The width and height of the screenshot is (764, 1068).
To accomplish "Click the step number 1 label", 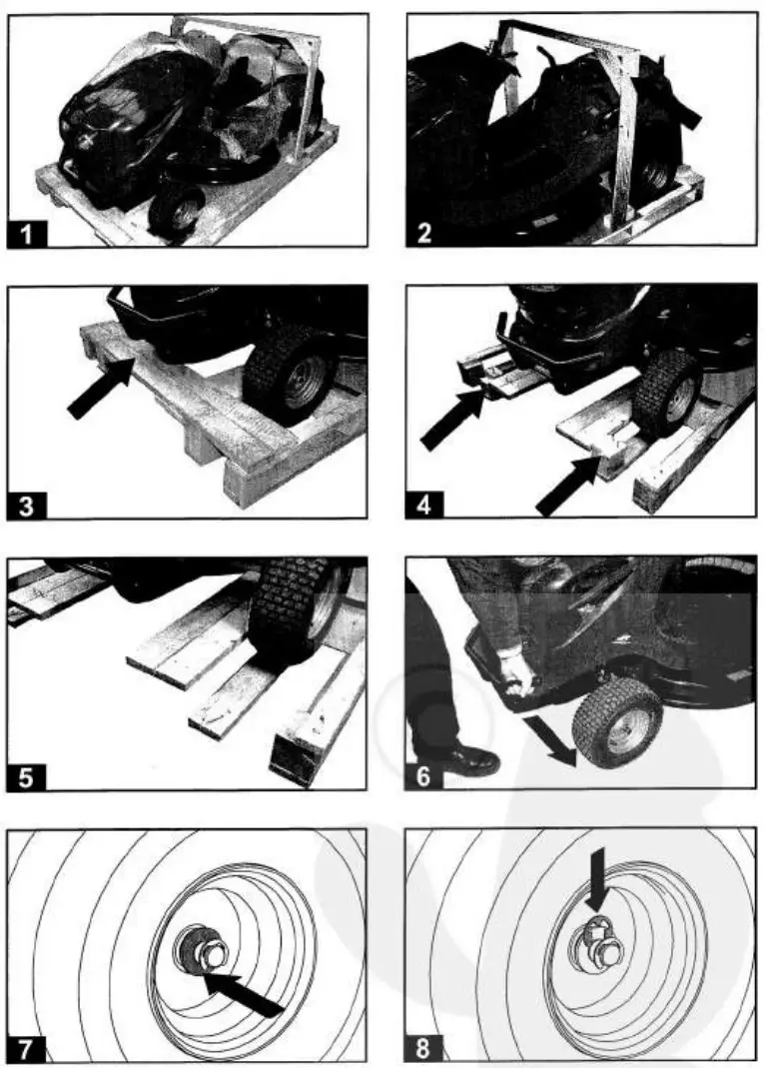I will pos(29,235).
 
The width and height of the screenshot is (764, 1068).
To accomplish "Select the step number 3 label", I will pos(29,506).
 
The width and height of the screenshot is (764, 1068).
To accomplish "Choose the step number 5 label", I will pos(29,776).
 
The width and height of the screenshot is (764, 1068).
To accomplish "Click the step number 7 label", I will pos(29,1048).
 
